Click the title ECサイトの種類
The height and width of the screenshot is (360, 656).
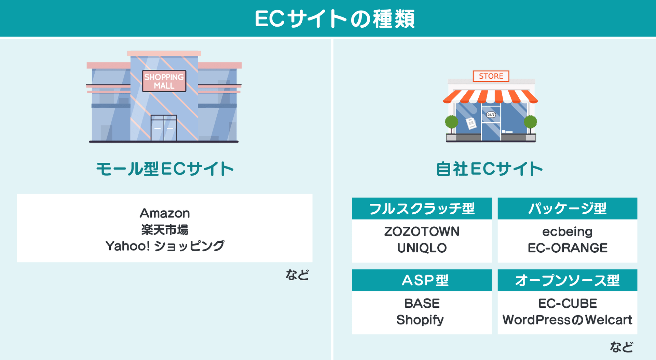pyautogui.click(x=334, y=19)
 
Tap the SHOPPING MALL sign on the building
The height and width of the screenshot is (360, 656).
pyautogui.click(x=164, y=81)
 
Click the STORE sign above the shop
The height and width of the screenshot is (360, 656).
pyautogui.click(x=491, y=76)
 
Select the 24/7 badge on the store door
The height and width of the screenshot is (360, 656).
pyautogui.click(x=491, y=115)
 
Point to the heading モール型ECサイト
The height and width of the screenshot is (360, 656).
pyautogui.click(x=165, y=169)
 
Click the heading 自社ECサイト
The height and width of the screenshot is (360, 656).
pyautogui.click(x=489, y=169)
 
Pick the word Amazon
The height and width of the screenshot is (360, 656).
pyautogui.click(x=165, y=213)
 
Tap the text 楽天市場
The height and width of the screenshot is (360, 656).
pyautogui.click(x=165, y=230)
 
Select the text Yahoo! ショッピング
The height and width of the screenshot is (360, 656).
pyautogui.click(x=165, y=246)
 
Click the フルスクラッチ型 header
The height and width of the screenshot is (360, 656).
pyautogui.click(x=422, y=209)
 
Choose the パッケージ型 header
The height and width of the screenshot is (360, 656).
pyautogui.click(x=567, y=209)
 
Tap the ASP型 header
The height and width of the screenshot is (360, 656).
pyautogui.click(x=425, y=280)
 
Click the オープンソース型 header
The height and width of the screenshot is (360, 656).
pyautogui.click(x=567, y=280)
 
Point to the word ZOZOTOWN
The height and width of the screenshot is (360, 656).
pyautogui.click(x=422, y=232)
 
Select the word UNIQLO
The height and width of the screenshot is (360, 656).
pyautogui.click(x=422, y=248)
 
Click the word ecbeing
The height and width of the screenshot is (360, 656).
pyautogui.click(x=567, y=232)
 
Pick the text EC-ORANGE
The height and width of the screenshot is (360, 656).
pyautogui.click(x=567, y=248)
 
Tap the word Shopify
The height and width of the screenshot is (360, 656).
pyautogui.click(x=420, y=320)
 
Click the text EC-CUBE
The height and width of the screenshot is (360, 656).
pyautogui.click(x=567, y=304)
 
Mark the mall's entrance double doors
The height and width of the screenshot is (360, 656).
pyautogui.click(x=164, y=128)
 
